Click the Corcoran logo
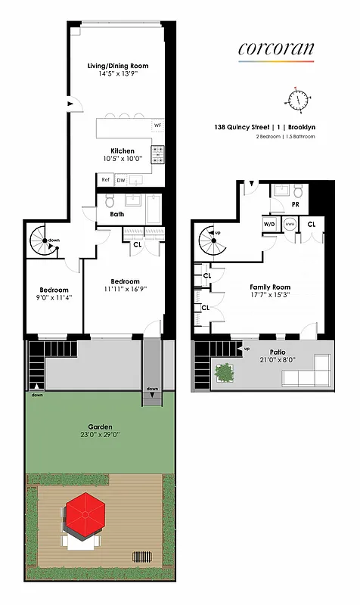tap(275, 49)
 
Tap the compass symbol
tap(300, 98)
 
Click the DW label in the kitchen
tap(120, 180)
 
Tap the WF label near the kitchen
tap(158, 125)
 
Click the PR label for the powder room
tap(284, 204)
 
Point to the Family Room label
tap(270, 287)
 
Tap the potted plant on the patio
tap(225, 372)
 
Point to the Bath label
tap(116, 214)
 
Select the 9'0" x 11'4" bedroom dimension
tap(54, 299)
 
